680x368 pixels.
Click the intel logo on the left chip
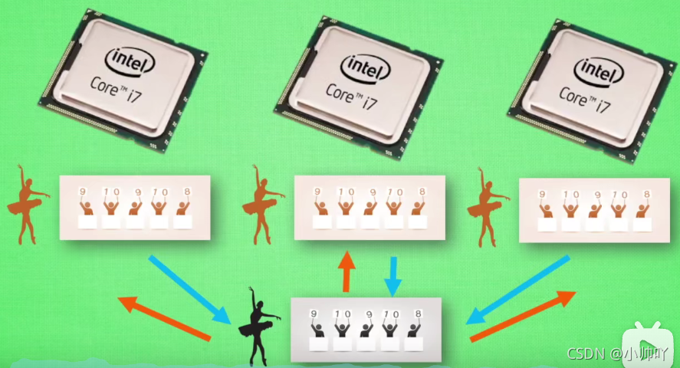tap(130, 61)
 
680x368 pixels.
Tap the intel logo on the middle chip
tap(365, 67)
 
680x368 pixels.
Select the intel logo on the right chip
tap(598, 71)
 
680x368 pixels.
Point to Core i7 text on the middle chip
tap(351, 97)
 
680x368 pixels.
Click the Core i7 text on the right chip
tap(585, 100)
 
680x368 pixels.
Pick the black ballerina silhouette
tap(258, 326)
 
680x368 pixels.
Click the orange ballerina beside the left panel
tap(27, 204)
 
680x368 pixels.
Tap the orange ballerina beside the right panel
tap(487, 207)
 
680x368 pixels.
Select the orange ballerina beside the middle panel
tap(261, 204)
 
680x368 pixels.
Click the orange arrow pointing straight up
tap(347, 271)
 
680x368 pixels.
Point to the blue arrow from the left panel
tap(190, 290)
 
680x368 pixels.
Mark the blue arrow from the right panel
tap(517, 290)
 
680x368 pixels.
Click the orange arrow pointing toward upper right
tap(523, 316)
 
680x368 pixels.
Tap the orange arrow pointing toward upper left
tap(164, 317)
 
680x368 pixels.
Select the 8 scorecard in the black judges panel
tap(418, 314)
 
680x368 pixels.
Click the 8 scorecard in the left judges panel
tap(187, 192)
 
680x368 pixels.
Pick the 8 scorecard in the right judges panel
tap(646, 194)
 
